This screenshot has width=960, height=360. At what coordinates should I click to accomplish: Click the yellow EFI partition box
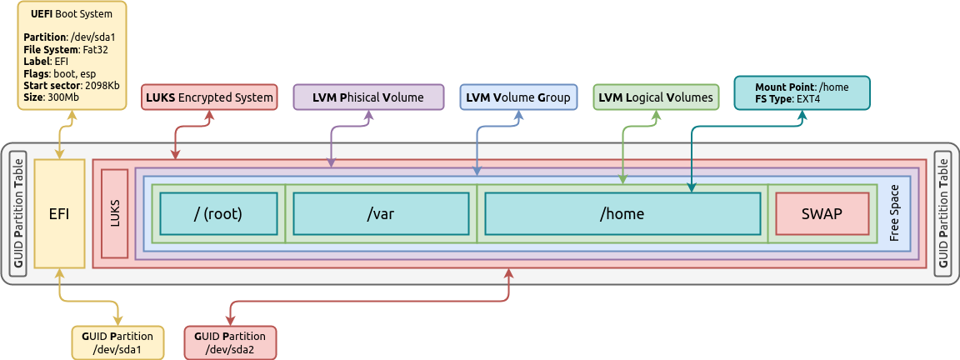tap(59, 213)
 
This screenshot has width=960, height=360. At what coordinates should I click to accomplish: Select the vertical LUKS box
tap(115, 213)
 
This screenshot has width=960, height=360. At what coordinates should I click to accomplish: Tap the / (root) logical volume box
tap(217, 213)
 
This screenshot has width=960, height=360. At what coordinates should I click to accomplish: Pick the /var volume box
tap(380, 213)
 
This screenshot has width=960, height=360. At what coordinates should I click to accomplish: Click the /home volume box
tap(622, 213)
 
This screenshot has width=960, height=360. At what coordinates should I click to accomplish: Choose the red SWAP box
tap(821, 213)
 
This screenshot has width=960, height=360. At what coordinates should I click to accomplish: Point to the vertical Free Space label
tap(894, 213)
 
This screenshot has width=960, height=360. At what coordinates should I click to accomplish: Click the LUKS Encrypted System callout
tap(209, 97)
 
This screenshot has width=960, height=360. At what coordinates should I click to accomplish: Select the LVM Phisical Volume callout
tap(367, 97)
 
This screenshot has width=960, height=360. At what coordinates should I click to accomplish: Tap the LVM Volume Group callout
tap(517, 97)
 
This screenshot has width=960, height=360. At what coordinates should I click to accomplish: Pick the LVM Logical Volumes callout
tap(656, 97)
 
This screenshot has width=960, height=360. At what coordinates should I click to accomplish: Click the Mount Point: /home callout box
tap(801, 92)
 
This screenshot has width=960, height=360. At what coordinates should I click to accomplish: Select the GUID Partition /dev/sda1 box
tap(117, 342)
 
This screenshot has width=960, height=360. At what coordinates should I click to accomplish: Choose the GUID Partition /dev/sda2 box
tap(229, 342)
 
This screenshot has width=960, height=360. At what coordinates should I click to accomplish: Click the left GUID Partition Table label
tap(18, 213)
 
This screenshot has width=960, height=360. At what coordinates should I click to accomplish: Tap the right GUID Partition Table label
tap(943, 213)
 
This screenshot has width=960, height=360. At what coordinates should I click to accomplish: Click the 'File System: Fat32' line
tap(65, 49)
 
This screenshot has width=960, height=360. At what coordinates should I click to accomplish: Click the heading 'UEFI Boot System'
tap(71, 14)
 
